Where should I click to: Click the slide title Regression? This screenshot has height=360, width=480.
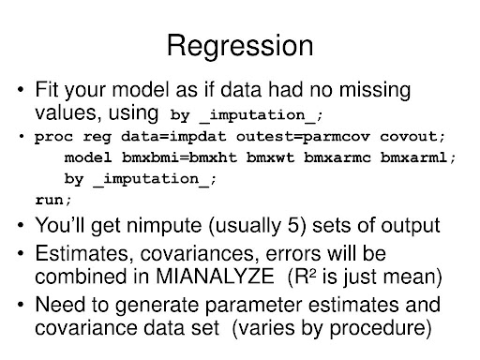tap(240, 46)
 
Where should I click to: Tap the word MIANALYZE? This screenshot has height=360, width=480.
tap(215, 277)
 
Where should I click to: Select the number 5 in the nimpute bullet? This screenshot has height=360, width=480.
tap(293, 225)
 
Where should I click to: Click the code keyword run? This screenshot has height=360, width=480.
tap(50, 200)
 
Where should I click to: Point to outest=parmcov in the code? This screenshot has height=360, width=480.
tap(303, 137)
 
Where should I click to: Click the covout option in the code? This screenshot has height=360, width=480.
tap(410, 137)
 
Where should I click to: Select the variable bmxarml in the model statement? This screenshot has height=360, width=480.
tap(413, 157)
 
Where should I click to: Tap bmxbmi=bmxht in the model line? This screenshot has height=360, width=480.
tap(179, 157)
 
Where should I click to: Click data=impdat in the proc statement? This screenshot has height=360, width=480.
tap(173, 137)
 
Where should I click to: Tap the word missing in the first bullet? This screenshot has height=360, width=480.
tap(375, 90)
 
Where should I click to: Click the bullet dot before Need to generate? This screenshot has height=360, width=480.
tap(21, 304)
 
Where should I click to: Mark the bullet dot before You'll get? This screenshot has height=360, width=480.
tap(21, 225)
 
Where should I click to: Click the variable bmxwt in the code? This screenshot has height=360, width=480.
tap(270, 157)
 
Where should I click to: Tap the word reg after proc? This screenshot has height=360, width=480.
tap(97, 138)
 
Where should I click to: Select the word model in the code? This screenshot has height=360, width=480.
tap(88, 157)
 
